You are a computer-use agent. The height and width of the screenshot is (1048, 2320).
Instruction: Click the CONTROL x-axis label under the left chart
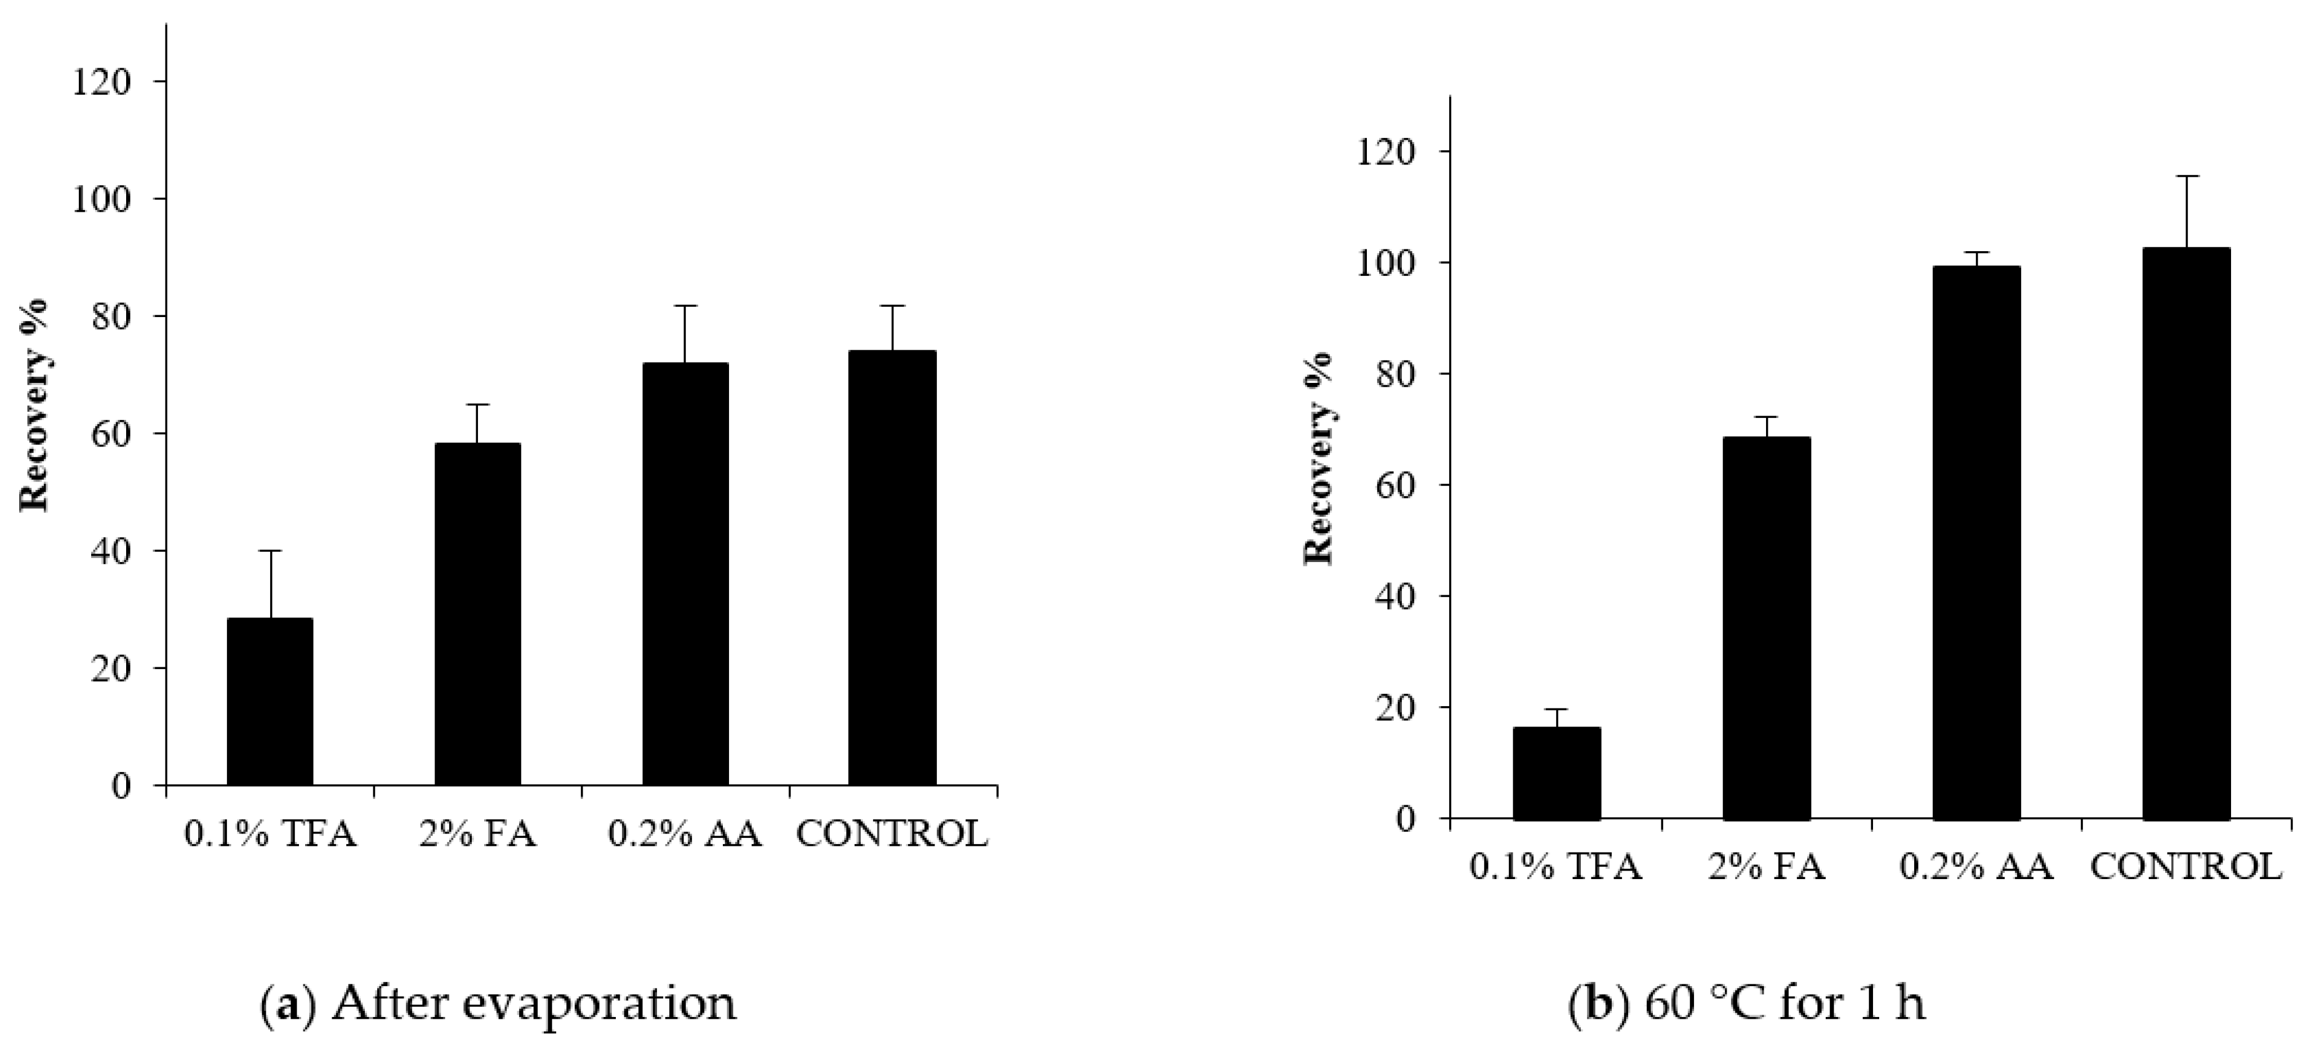892,835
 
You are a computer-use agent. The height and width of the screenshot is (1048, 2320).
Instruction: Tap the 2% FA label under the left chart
477,835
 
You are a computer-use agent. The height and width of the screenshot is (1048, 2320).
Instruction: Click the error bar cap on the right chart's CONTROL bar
2186,177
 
